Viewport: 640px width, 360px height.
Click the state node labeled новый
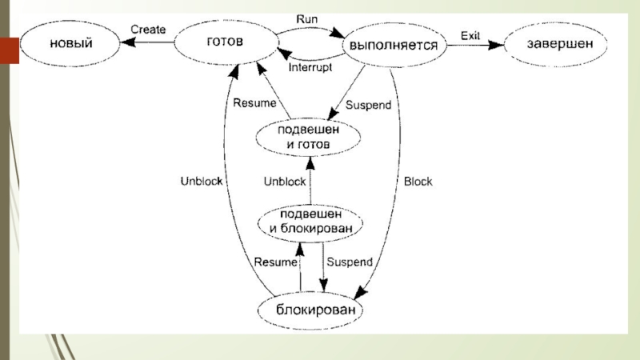70,45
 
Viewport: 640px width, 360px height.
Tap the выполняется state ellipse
393,46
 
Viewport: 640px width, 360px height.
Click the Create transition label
148,30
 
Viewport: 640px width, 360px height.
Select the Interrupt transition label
310,68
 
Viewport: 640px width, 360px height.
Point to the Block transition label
418,182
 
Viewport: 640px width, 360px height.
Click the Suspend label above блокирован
350,262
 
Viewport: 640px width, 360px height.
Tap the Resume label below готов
253,102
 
